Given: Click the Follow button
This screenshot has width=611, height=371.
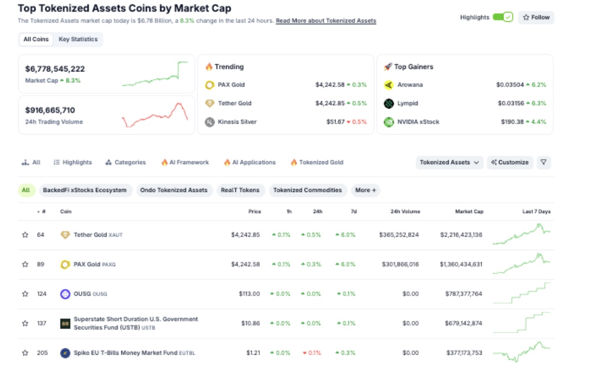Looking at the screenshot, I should point(536,17).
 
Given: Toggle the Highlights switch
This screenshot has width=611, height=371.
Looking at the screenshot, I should point(502,17).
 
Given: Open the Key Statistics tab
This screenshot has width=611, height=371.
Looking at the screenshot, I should point(78,39).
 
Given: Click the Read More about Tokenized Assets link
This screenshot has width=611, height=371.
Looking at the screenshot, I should point(326,21).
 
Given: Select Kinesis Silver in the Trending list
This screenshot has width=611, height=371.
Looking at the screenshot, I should point(237,122).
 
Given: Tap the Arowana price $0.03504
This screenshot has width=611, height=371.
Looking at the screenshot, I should point(510,85).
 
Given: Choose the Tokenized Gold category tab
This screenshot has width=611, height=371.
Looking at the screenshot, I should point(321,162).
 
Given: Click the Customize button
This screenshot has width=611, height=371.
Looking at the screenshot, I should point(510,162).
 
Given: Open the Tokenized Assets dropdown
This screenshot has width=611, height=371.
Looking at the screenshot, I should point(449,162).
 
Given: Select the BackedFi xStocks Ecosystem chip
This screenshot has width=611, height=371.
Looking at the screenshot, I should point(84,190).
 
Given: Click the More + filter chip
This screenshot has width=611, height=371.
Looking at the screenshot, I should point(365,190).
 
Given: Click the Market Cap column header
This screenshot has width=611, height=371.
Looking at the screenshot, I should point(469,212).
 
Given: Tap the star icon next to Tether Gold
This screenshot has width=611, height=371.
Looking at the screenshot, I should point(25,235).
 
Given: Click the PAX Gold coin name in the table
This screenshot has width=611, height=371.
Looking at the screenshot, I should point(87,264).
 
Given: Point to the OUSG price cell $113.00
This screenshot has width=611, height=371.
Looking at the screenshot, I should point(249,294).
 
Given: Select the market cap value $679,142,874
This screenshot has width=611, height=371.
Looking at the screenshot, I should point(461,324).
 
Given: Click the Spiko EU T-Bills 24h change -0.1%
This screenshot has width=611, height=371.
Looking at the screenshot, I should point(311,353).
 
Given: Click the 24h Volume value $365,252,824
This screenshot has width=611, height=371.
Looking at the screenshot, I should point(399,235).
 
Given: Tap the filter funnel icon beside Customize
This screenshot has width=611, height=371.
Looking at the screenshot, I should point(543,162).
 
